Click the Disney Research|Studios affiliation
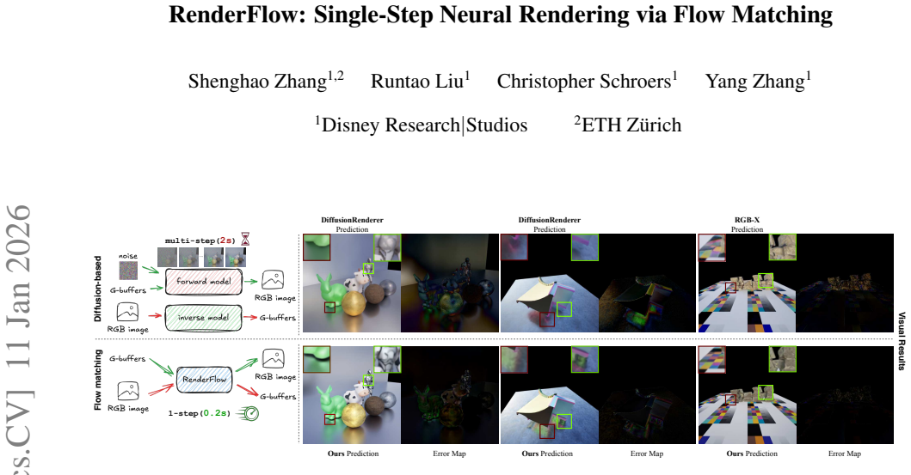pos(422,125)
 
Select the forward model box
pos(204,281)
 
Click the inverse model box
pos(203,318)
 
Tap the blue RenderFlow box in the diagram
pos(204,380)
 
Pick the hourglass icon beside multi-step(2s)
pos(245,239)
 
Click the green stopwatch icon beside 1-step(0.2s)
pos(250,413)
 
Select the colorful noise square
pos(128,271)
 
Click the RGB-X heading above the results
pos(748,220)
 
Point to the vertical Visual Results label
pos(902,341)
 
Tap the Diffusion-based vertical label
pos(97,289)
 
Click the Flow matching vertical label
pos(97,380)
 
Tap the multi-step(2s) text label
pos(200,241)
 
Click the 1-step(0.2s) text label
pos(200,413)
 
